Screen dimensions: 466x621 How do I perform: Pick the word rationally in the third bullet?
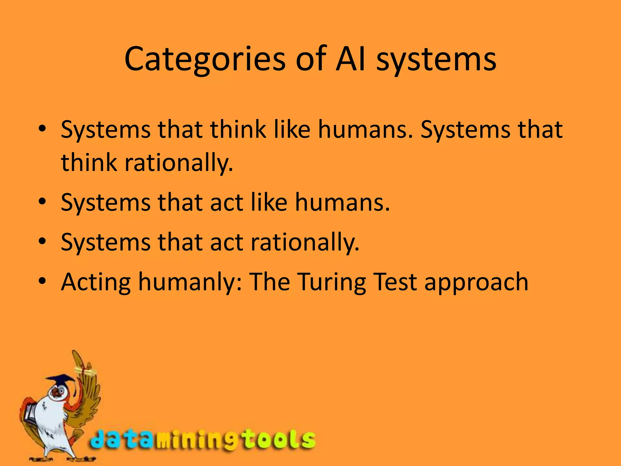coord(305,242)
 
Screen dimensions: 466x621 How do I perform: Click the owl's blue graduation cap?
coord(61,380)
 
